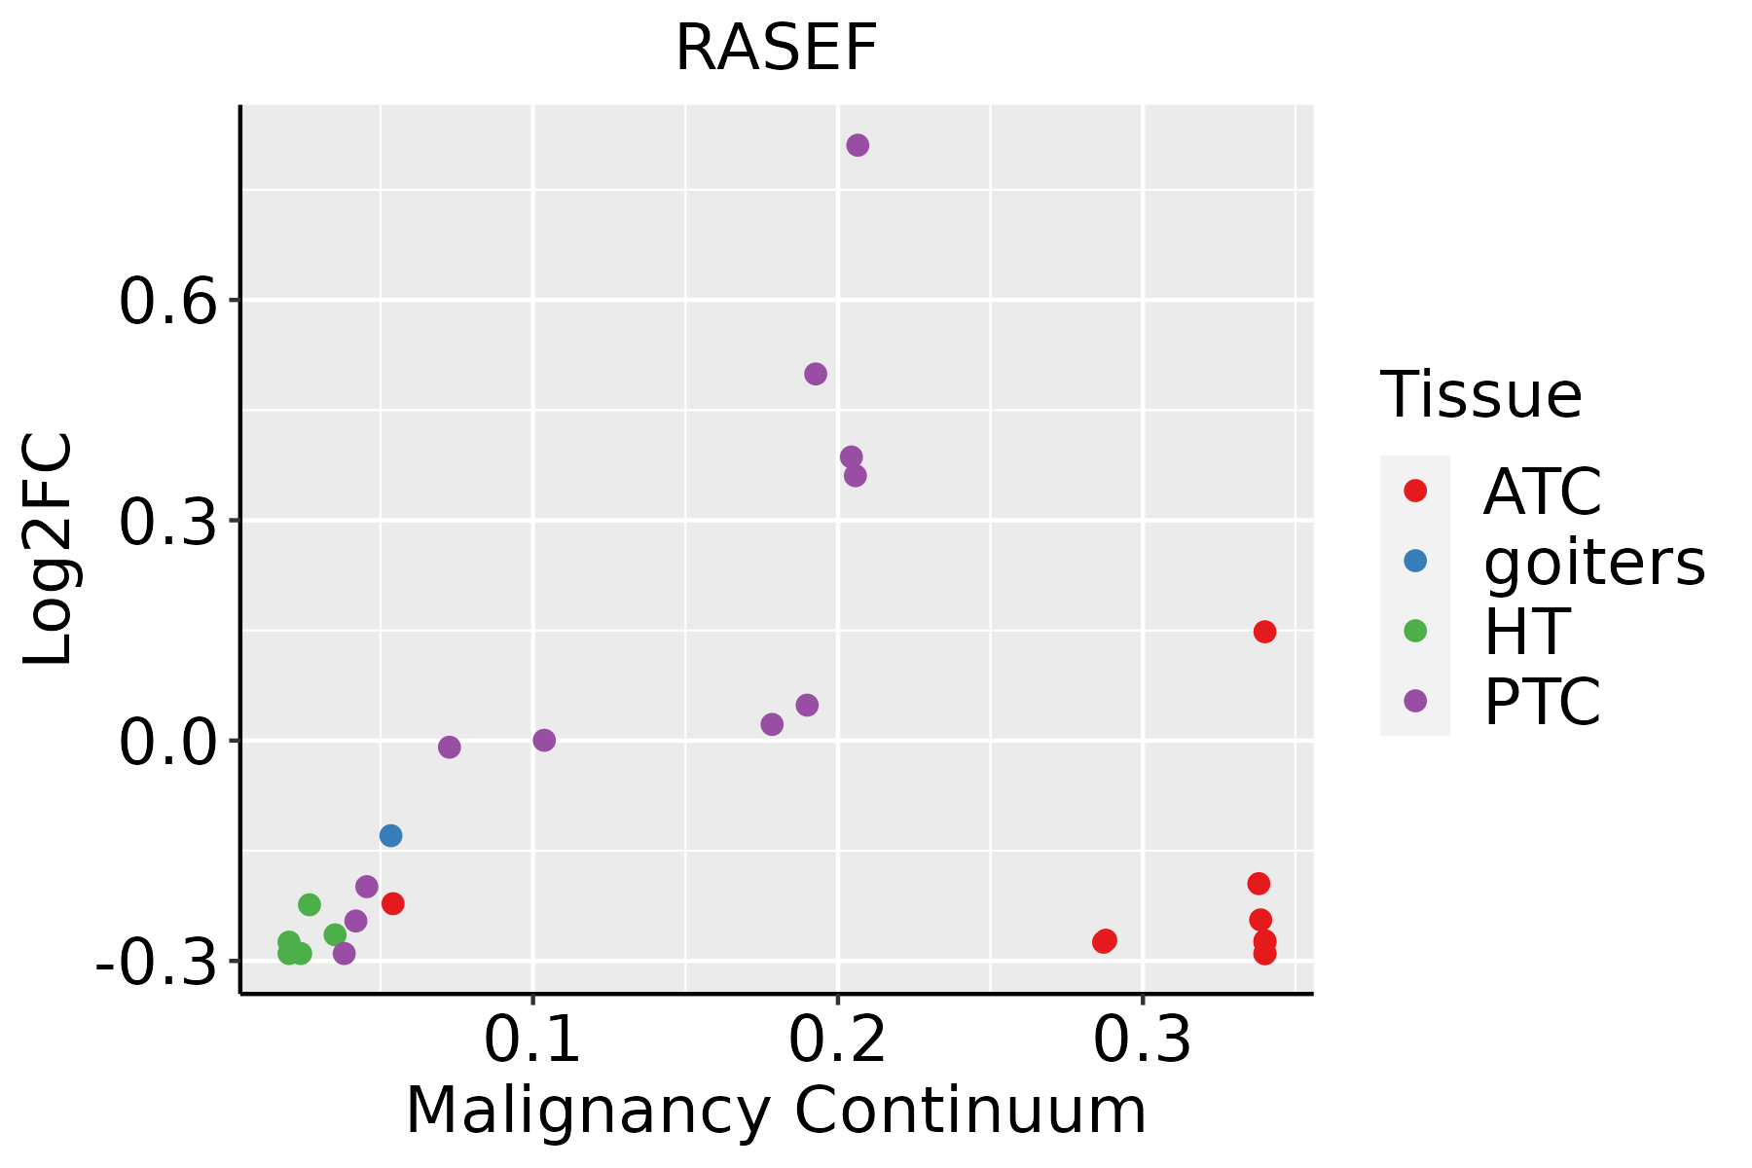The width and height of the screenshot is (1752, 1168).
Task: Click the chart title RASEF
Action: click(x=776, y=48)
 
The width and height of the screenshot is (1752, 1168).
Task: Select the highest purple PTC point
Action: click(x=858, y=145)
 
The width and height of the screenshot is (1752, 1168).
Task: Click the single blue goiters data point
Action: click(x=390, y=835)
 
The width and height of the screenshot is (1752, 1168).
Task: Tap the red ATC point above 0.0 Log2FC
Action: click(x=1264, y=632)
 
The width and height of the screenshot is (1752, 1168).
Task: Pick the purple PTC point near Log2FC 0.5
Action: click(x=816, y=374)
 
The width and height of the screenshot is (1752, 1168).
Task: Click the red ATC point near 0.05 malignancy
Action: click(x=393, y=903)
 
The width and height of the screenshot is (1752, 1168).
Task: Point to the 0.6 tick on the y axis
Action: click(x=166, y=302)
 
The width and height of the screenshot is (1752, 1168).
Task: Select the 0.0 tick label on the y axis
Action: click(x=166, y=744)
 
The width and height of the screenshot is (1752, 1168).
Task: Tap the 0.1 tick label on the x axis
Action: click(x=532, y=1040)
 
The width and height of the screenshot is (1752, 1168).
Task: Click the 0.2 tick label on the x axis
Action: click(x=837, y=1040)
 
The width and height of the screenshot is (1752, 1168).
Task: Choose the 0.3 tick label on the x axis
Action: click(x=1142, y=1040)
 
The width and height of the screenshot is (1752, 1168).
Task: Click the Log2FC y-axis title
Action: click(x=49, y=550)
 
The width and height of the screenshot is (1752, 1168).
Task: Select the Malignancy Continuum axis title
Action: click(x=776, y=1111)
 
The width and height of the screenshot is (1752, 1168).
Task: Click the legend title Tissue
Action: click(x=1481, y=395)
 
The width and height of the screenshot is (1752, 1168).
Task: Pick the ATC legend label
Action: click(x=1542, y=492)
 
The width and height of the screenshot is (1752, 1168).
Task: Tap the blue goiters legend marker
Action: click(x=1415, y=561)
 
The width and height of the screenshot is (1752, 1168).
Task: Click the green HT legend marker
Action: click(x=1415, y=631)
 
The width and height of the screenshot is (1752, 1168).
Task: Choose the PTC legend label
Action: click(x=1542, y=702)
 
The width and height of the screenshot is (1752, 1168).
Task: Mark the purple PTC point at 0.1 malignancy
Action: click(x=544, y=740)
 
